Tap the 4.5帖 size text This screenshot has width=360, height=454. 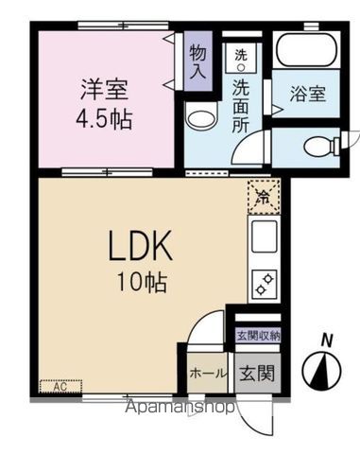pyautogui.click(x=105, y=120)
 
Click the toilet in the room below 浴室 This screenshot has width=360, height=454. pyautogui.click(x=319, y=146)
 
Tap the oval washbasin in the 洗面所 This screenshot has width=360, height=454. pyautogui.click(x=199, y=118)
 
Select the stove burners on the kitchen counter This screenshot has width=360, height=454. pyautogui.click(x=261, y=282)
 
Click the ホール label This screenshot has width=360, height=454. pyautogui.click(x=206, y=372)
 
